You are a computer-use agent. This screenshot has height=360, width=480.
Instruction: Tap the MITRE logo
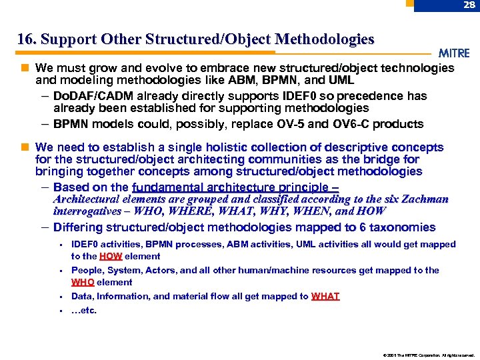(x=454, y=53)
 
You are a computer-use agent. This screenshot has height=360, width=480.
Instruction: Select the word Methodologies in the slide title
(x=325, y=39)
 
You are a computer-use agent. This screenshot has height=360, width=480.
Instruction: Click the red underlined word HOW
(x=110, y=256)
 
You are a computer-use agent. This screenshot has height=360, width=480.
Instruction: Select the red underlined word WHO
(x=83, y=282)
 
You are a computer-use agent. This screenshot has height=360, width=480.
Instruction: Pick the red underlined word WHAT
(x=325, y=296)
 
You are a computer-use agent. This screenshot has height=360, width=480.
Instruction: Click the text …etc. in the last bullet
(x=84, y=309)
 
